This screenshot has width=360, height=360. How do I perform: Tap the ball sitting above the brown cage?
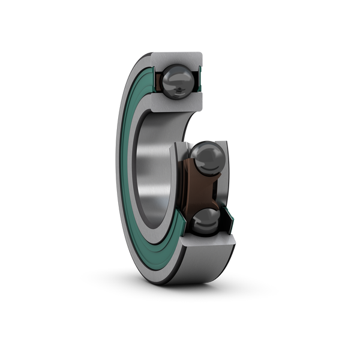pyautogui.click(x=208, y=157)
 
